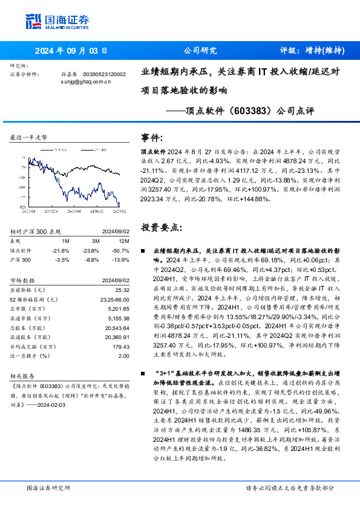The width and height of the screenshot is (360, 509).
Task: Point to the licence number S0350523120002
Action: click(104, 74)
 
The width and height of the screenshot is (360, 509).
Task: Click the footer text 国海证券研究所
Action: click(48, 488)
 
